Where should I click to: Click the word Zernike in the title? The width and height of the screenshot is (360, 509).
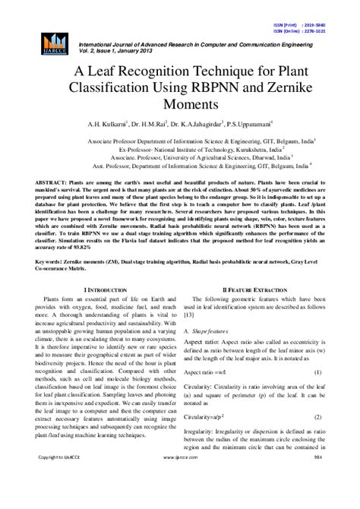click(x=277, y=88)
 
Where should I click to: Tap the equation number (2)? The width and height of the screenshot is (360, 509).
click(x=317, y=417)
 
